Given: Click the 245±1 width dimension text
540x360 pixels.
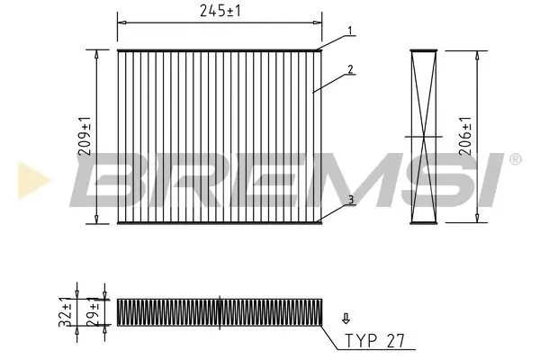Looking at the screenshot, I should tap(220, 11).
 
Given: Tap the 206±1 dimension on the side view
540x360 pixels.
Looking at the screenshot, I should tap(464, 136).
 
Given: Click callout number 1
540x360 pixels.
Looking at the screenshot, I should tap(351, 31).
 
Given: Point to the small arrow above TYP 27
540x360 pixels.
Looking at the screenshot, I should tap(344, 319).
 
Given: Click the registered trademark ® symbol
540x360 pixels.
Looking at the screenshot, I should tap(515, 158).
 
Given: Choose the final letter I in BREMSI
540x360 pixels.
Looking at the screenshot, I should tap(495, 178).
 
